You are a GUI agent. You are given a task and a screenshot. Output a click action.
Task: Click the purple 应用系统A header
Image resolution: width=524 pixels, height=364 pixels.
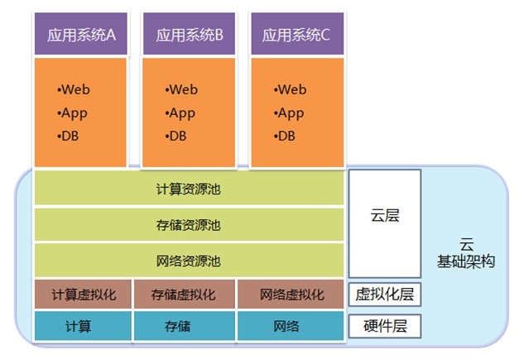coord(80,35)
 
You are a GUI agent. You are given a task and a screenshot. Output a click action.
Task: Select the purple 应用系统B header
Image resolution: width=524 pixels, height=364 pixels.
coord(189,35)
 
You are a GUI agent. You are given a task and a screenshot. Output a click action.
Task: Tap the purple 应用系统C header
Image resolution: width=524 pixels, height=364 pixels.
coord(296,35)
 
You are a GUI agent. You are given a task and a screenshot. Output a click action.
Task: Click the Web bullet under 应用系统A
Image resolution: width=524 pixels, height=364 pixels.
coord(74,89)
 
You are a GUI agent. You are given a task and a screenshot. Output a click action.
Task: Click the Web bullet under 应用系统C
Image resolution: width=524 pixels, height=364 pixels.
coord(290,89)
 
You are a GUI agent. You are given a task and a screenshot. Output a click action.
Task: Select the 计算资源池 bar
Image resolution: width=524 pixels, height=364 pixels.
coord(189,189)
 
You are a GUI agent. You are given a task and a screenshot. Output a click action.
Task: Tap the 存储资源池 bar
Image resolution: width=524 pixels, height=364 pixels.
coord(189,225)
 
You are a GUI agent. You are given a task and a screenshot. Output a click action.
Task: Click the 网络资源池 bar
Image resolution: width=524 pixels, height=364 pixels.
coord(189,261)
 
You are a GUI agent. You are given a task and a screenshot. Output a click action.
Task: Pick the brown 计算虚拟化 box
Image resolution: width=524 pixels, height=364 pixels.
coord(83,295)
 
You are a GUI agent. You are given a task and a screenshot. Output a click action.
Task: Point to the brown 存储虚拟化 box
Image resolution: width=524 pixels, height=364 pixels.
coord(184,295)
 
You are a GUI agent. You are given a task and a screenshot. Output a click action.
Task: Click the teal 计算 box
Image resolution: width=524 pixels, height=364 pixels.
coord(83,326)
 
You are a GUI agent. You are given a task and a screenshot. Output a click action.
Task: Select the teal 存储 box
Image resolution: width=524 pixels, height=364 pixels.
coord(184,326)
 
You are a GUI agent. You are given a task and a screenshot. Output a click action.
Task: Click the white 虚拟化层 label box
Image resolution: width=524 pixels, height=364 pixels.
coord(385,294)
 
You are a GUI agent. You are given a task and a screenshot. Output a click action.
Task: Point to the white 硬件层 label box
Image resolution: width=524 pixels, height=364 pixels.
coord(385,326)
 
